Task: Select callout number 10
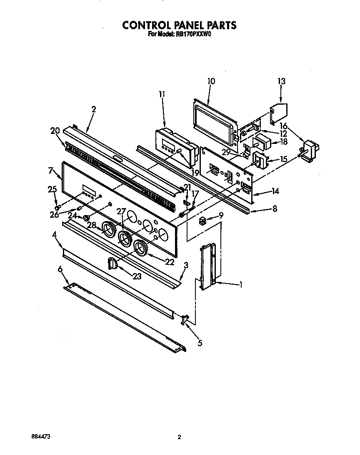coord(211,81)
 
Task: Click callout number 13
coord(282,81)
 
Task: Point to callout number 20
coord(55,131)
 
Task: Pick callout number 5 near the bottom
coord(200,343)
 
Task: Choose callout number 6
coord(60,270)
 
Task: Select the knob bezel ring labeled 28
coord(109,230)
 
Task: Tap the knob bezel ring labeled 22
coord(141,247)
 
